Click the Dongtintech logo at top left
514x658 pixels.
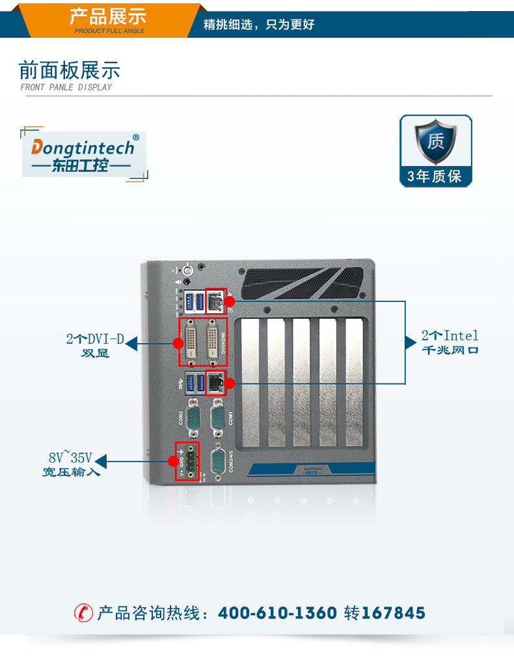84,154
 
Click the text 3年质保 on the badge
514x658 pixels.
435,176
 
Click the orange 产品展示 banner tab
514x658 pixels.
108,18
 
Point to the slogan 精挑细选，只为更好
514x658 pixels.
259,25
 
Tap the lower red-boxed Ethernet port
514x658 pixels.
215,382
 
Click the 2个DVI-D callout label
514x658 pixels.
95,339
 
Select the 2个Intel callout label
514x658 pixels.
450,336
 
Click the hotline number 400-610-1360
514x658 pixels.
277,613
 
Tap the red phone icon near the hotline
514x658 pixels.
83,613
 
